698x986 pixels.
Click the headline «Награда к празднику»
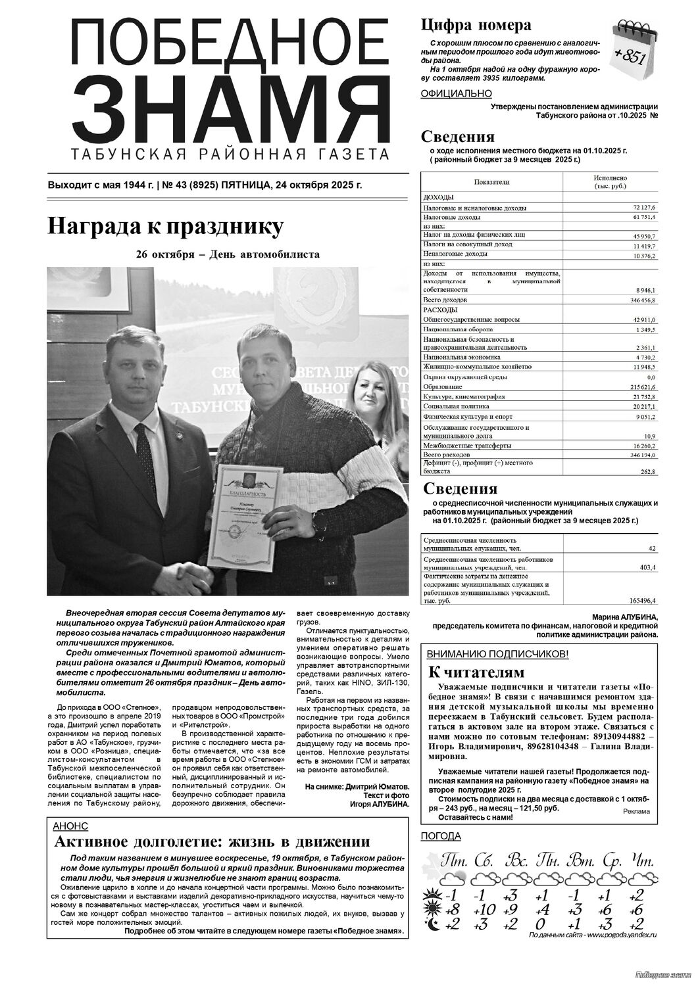point(165,227)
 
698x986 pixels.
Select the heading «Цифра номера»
point(476,26)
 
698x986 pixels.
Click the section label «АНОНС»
point(69,826)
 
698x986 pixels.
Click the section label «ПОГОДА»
point(441,836)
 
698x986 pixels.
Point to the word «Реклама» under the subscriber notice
point(635,811)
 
